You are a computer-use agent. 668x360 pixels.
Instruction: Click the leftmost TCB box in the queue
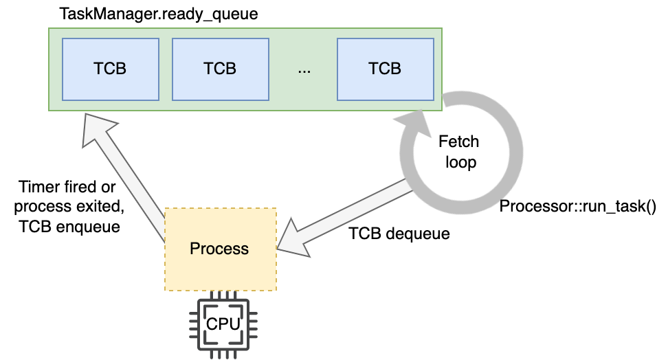click(110, 69)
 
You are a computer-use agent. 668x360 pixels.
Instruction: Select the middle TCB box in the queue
click(220, 69)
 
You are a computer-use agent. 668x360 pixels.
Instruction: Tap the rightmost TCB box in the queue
click(385, 69)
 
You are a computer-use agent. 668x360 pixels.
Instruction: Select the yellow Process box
click(219, 249)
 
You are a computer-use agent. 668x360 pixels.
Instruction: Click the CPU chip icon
click(223, 323)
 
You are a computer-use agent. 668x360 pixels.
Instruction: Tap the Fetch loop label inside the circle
click(458, 153)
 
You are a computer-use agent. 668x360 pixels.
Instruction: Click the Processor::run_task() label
click(577, 206)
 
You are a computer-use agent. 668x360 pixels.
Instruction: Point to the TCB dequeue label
click(399, 234)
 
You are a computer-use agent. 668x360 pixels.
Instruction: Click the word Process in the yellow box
click(219, 249)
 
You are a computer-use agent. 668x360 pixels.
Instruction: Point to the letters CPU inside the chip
click(223, 323)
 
